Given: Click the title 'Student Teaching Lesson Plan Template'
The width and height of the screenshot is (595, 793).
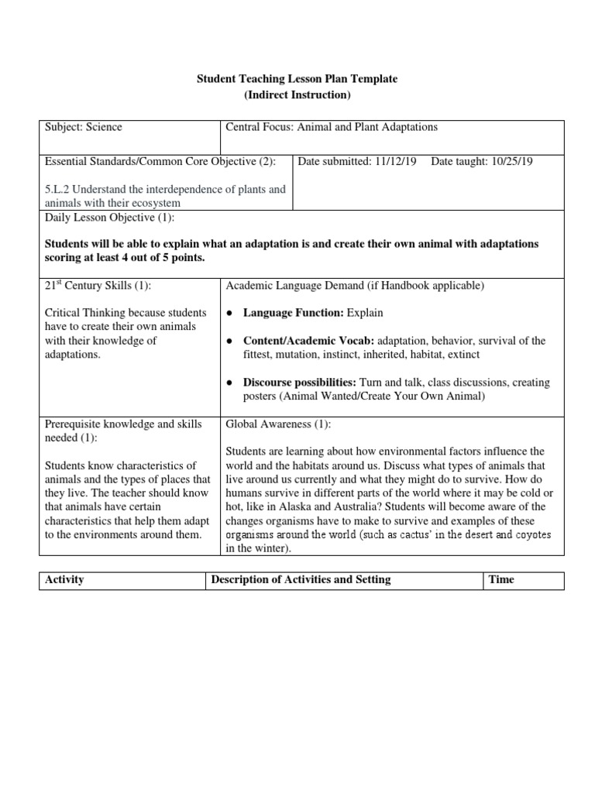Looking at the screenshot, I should [297, 80].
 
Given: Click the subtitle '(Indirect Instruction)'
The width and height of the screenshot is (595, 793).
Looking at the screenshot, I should [297, 95].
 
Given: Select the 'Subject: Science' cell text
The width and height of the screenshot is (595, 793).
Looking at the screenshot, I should [84, 127].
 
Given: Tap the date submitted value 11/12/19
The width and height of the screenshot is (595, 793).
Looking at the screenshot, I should [395, 161].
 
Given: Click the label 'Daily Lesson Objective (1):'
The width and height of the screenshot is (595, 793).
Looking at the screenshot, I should [110, 218].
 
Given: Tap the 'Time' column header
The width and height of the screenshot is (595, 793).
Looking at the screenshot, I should [501, 579].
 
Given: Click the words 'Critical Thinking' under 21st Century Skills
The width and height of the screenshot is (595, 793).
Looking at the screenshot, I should [84, 313].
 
